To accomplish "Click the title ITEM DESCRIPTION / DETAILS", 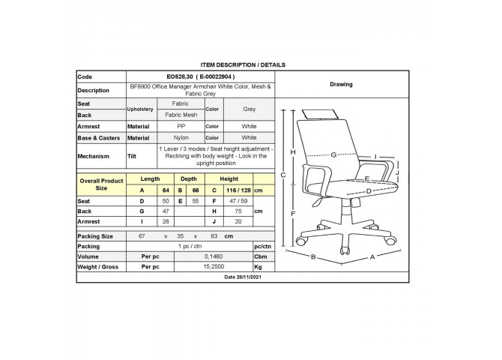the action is point(243,64).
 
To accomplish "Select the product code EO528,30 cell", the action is point(200,76).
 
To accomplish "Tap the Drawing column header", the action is point(341,84).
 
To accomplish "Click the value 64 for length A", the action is point(166,190).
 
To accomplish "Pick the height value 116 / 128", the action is point(238,190).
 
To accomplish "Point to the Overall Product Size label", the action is point(101,184).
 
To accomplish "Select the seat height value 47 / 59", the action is point(238,201).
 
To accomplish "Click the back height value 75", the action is point(238,211).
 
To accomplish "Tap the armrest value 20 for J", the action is point(238,221).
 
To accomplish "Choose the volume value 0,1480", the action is point(214,256).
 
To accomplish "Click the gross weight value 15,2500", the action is point(214,267).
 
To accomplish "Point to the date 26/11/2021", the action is point(243,277).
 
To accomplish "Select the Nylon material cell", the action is point(181,137).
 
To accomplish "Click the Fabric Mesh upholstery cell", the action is point(181,115).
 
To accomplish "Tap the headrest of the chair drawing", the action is point(320,114).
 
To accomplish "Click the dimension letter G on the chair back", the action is point(333,154).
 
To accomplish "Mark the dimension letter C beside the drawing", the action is point(283,175).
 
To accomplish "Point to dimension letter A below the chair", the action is point(372,257).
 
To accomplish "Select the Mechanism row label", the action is point(93,156).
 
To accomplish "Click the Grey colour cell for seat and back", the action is point(249,109).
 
